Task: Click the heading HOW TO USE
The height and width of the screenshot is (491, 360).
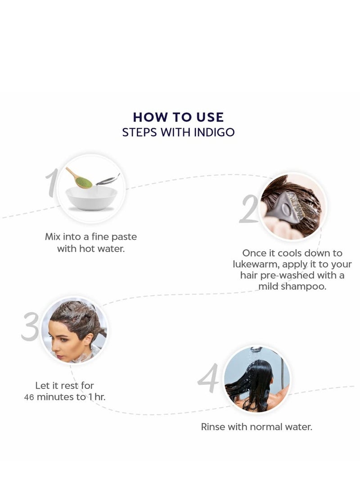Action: pos(178,117)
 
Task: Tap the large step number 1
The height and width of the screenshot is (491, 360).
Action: pos(53,184)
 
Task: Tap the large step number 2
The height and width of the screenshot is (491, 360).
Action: pos(249,209)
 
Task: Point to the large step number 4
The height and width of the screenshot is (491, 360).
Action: pos(209,378)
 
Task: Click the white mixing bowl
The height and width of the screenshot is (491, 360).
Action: pos(91,198)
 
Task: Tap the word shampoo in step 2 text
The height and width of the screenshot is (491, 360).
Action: pos(306,287)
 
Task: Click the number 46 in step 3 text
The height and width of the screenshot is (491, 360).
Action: pos(29,397)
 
